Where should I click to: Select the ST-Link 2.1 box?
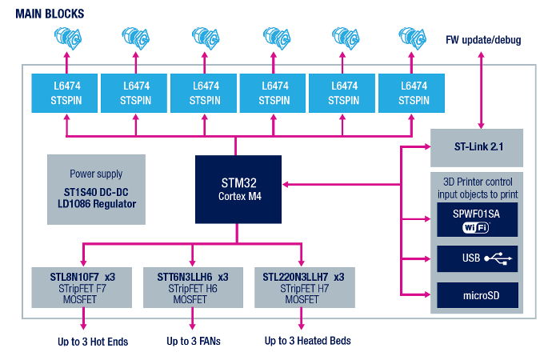coord(477,147)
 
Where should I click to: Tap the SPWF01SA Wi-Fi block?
coord(476,220)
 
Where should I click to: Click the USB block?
coord(476,258)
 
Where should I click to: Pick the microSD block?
coord(476,296)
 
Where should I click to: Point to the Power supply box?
coord(96,188)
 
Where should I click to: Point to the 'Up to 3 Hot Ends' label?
coord(93,342)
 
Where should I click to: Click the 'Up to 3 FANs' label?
coord(194,342)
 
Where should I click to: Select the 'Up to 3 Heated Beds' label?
coord(307,341)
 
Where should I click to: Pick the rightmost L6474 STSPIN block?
coord(412,93)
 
